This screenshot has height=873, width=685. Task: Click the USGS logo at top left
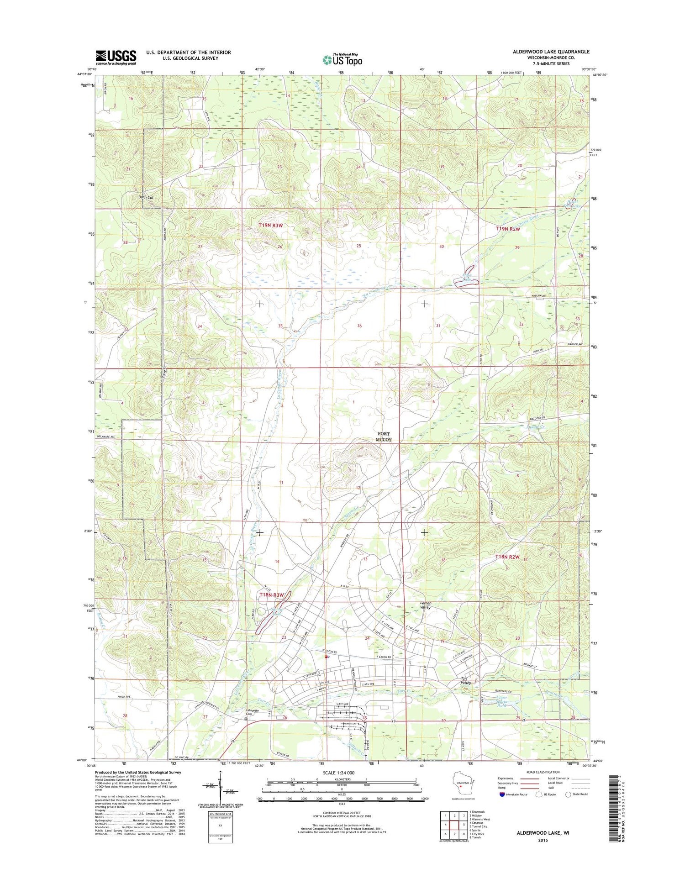point(116,56)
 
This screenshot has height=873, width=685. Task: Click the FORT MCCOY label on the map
point(384,436)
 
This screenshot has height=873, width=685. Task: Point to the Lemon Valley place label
point(425,605)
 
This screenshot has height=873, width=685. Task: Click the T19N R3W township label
point(271,225)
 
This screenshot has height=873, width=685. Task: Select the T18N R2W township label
point(507,557)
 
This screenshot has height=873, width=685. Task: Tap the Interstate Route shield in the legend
point(502,794)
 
